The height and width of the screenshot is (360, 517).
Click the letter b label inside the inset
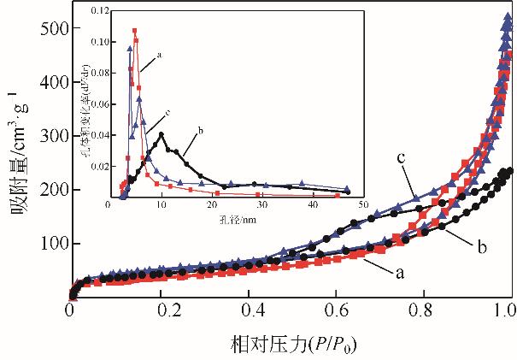(x=200, y=131)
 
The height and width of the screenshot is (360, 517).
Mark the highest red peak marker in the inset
(x=135, y=31)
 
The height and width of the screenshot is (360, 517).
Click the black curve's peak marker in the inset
(x=161, y=134)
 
